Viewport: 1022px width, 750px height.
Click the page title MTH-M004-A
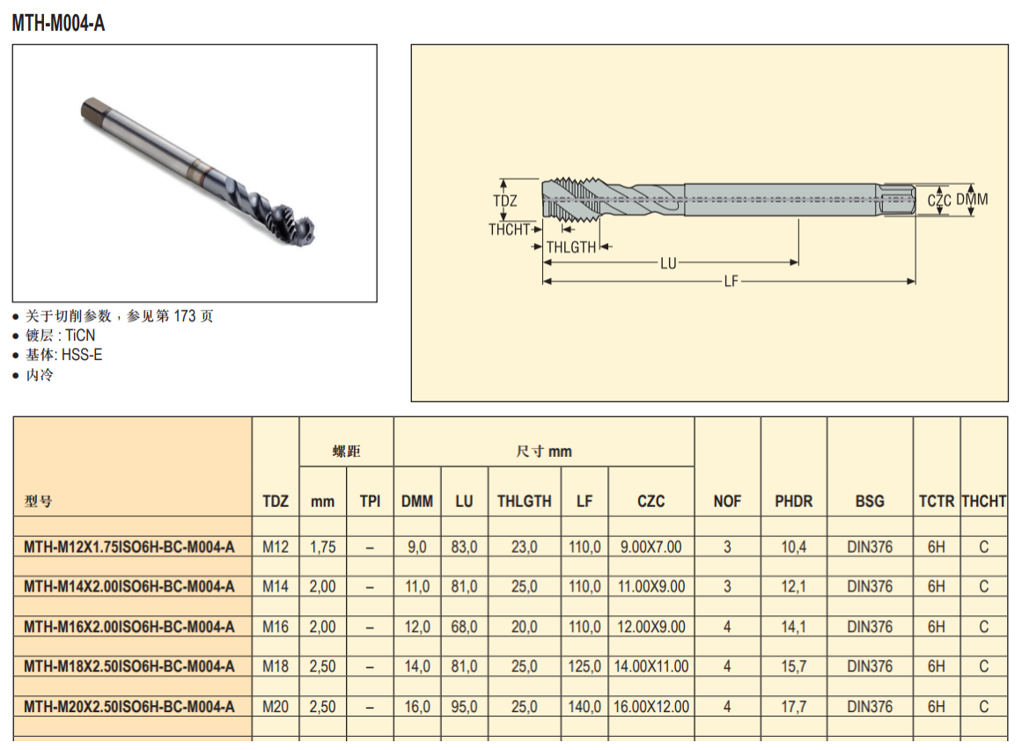tap(58, 24)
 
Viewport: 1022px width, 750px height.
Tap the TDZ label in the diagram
tap(505, 201)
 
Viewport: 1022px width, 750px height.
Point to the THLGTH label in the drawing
tap(571, 247)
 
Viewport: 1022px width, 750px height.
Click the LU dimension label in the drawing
tap(668, 263)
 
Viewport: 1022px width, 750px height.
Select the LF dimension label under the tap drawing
tap(732, 282)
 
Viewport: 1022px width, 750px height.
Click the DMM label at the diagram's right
tap(972, 200)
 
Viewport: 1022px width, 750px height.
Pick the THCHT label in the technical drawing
tap(509, 230)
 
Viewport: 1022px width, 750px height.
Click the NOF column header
tap(727, 501)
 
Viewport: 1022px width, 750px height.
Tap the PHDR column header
tap(794, 501)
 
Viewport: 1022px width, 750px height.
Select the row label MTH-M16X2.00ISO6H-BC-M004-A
tap(129, 627)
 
